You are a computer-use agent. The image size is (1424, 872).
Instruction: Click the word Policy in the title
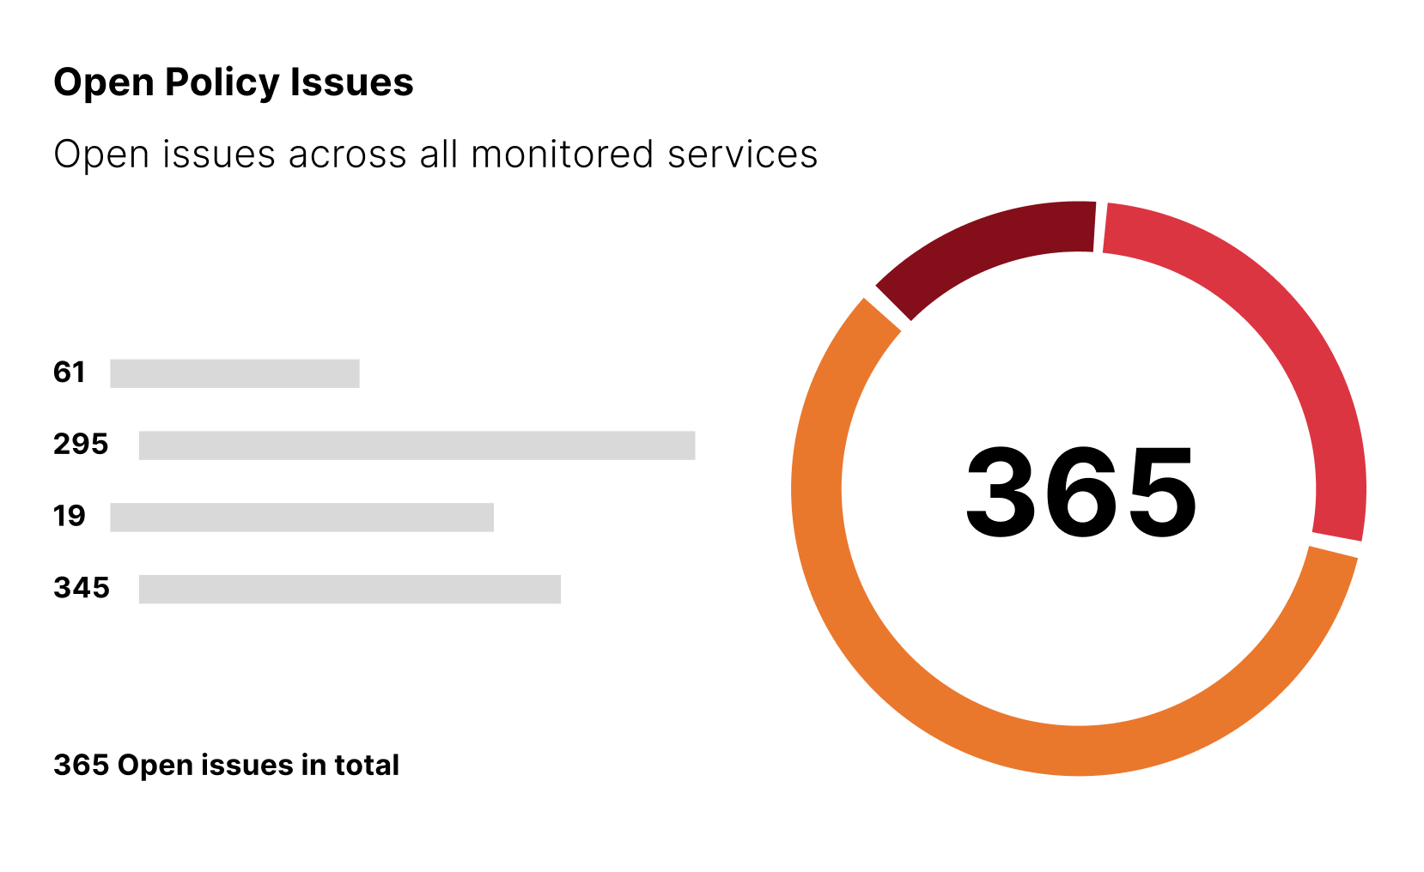(222, 83)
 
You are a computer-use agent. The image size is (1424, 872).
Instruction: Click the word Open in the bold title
(104, 83)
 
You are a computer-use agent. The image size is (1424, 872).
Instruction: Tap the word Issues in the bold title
(351, 83)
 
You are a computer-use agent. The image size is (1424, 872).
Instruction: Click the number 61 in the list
(70, 373)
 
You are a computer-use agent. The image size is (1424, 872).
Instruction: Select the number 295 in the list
(81, 445)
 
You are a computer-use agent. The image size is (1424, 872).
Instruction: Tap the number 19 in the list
(70, 517)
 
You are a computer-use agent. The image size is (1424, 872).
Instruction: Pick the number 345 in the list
(82, 588)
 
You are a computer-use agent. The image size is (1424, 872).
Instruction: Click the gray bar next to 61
(234, 373)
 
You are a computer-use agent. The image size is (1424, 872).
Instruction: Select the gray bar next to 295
(417, 445)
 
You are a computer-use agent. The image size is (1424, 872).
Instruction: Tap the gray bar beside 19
(301, 518)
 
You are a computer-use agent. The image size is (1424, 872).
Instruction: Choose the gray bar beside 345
(350, 590)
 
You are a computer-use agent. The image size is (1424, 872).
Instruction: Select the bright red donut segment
(1280, 343)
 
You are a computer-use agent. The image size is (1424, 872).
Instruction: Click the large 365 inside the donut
(1080, 493)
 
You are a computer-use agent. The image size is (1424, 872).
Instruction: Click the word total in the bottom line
(367, 765)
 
